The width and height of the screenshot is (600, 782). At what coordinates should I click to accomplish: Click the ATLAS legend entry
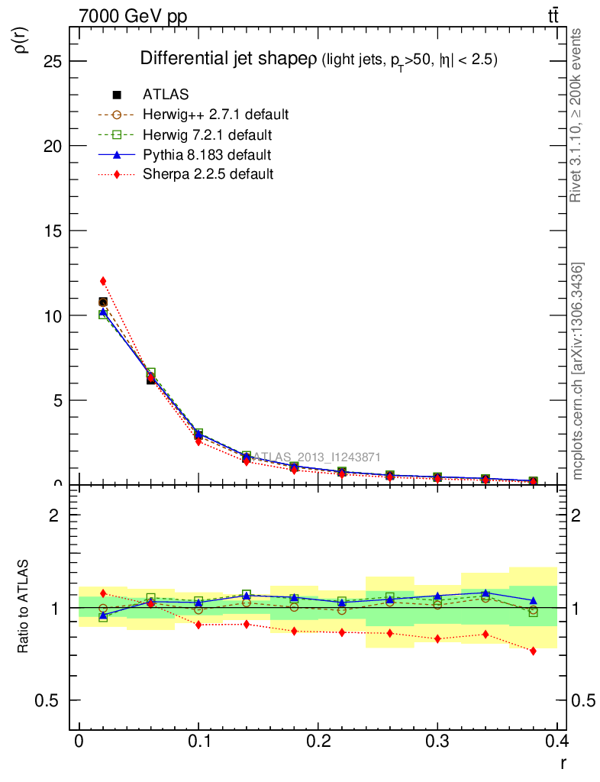(165, 95)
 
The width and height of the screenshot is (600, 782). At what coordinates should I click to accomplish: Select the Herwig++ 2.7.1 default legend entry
(215, 115)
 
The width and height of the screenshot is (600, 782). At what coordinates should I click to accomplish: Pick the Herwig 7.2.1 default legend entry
(207, 135)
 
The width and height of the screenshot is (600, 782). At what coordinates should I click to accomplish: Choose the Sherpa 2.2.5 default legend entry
(208, 174)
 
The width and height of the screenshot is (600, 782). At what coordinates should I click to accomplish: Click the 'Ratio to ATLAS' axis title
(23, 607)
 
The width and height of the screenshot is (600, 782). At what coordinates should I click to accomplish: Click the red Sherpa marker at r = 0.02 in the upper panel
(103, 281)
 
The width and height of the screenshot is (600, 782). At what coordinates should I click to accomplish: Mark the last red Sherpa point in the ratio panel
(533, 651)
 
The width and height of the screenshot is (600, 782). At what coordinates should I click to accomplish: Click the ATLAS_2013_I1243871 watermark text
(315, 457)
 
